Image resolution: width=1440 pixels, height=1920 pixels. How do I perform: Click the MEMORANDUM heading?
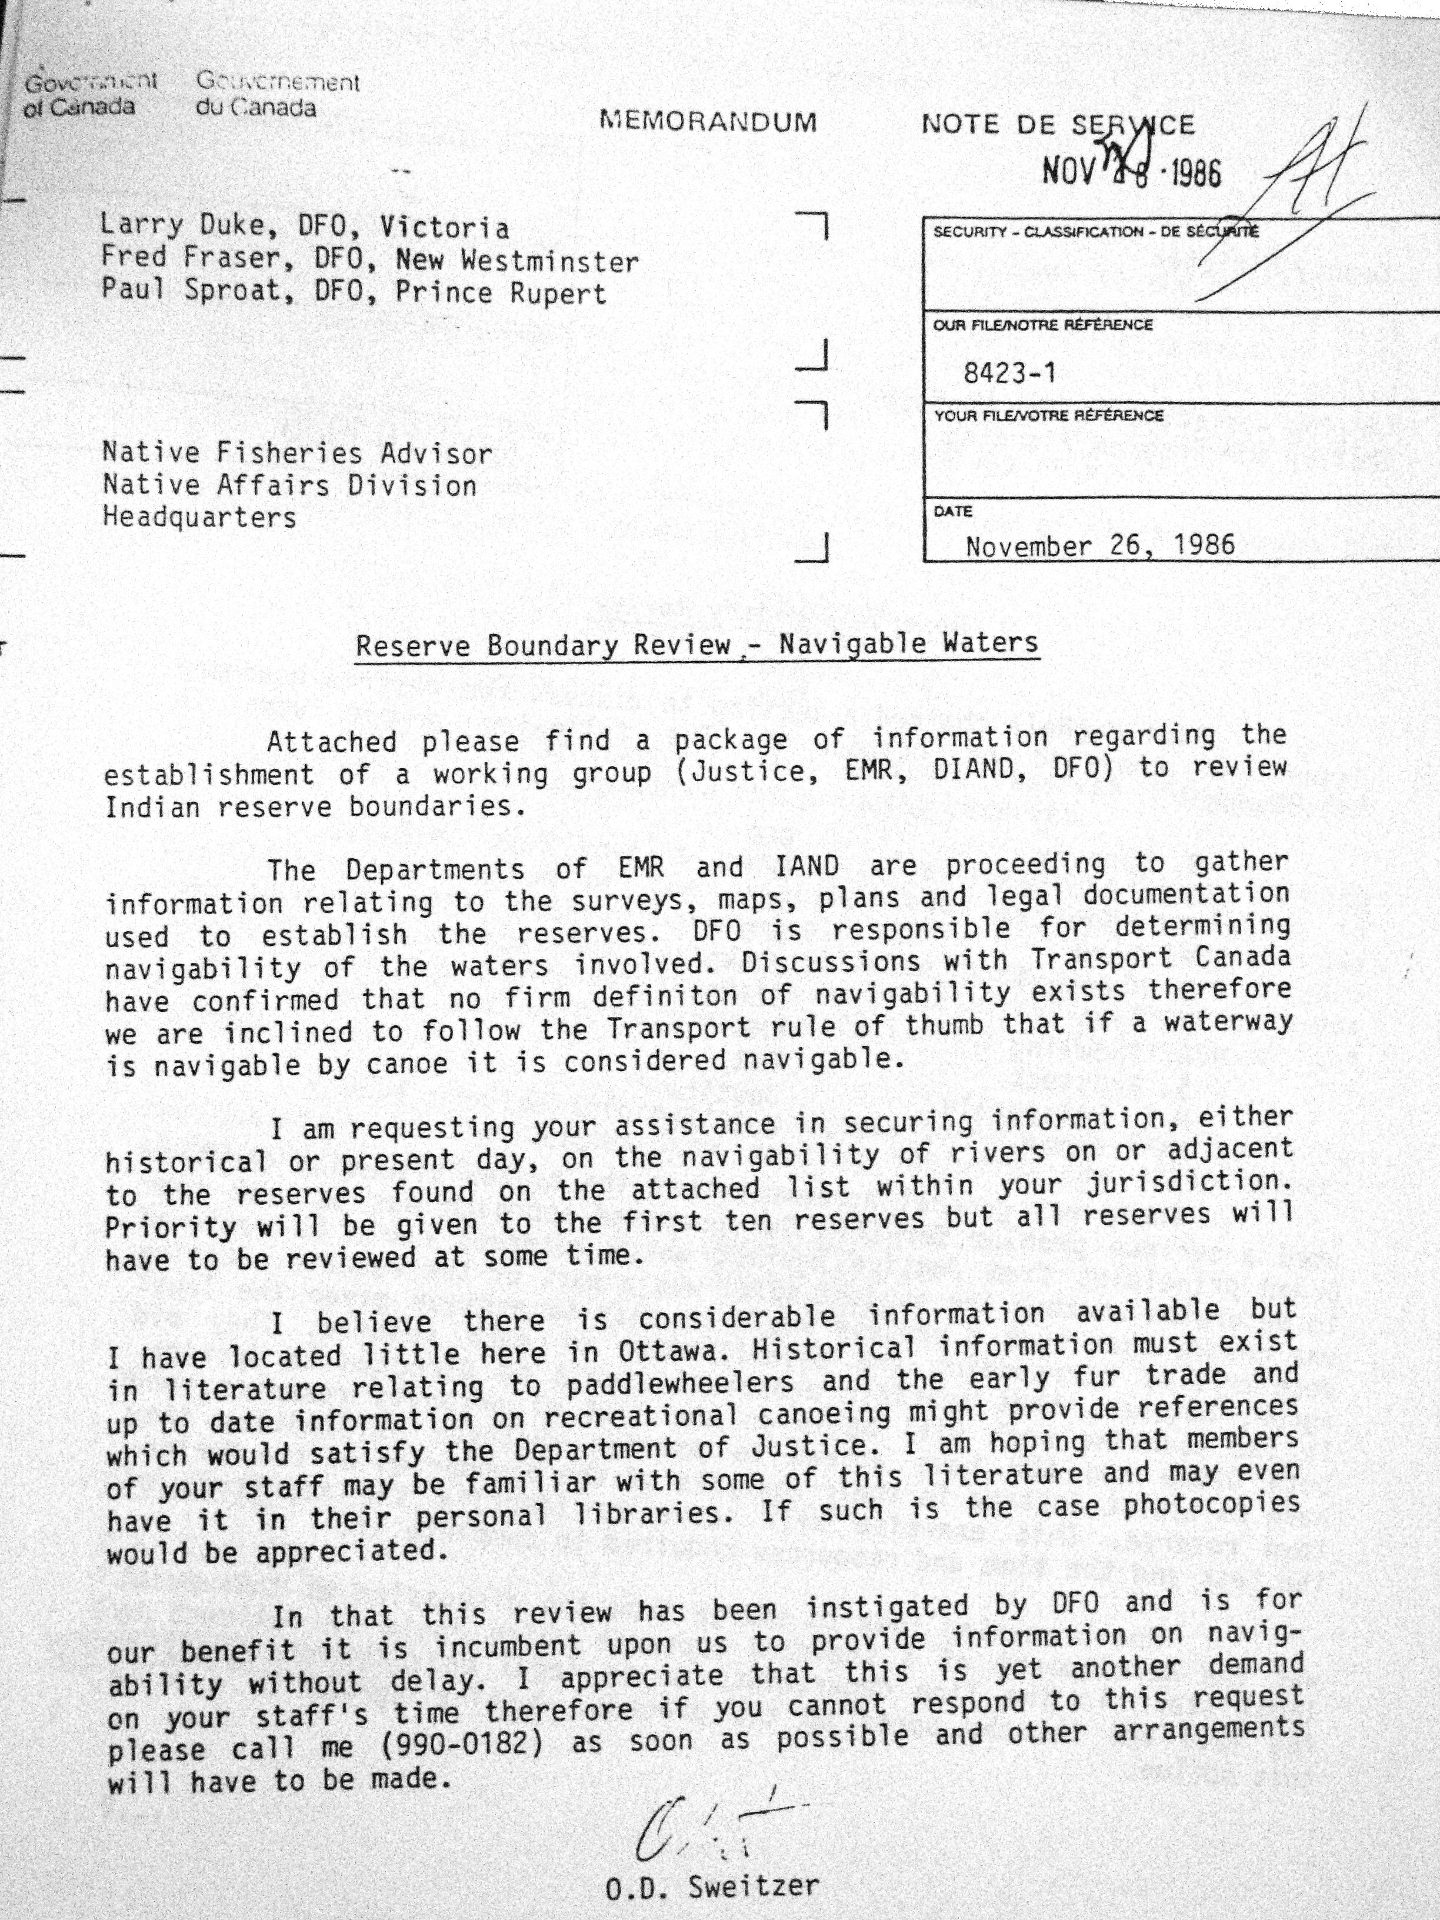(x=708, y=122)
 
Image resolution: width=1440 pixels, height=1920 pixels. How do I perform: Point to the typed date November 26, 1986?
(x=1100, y=546)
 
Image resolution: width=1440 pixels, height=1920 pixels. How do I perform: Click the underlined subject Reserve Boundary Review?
(x=544, y=646)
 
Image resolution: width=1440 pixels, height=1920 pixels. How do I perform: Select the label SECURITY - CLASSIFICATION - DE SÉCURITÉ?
(x=1095, y=232)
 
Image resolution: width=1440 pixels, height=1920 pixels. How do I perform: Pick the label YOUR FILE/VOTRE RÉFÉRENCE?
(x=1049, y=416)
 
